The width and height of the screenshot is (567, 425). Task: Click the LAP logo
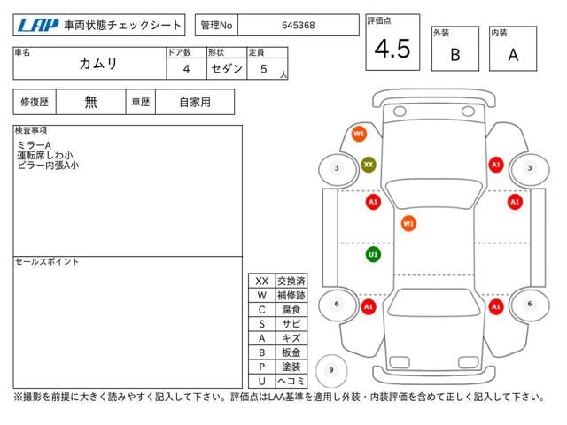[38, 25]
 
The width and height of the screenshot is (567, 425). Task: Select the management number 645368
[299, 26]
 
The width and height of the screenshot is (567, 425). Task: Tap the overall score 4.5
[392, 49]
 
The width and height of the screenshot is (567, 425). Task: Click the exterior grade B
[455, 55]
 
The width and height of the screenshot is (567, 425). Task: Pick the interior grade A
[513, 55]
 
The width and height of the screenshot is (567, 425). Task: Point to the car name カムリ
[98, 63]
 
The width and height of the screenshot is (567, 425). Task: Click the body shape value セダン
[227, 68]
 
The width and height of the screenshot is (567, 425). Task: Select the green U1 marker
[373, 254]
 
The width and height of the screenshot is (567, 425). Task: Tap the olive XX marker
[369, 165]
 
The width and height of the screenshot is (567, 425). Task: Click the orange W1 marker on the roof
[408, 223]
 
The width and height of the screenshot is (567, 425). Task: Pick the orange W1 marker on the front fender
[359, 134]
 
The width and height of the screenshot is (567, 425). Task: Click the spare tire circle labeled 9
[331, 370]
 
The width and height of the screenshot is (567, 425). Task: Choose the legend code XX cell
[262, 281]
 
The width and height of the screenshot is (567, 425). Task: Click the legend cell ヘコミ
[291, 381]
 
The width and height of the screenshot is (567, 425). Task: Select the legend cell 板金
[291, 352]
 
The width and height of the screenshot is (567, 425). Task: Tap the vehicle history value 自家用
[195, 103]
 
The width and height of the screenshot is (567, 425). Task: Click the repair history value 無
[90, 102]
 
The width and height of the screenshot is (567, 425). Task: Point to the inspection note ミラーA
[34, 145]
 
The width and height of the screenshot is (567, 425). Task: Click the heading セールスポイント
[47, 262]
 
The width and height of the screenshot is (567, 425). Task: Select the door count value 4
[186, 69]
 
